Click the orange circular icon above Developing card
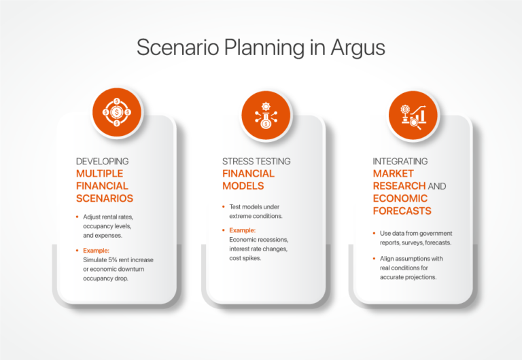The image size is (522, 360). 117,112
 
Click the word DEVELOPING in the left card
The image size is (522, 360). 102,162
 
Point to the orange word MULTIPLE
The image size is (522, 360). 101,173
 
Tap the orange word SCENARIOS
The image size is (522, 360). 105,198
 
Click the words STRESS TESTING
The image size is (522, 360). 256,162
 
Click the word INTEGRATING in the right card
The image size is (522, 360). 400,162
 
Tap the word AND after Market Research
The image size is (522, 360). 438,186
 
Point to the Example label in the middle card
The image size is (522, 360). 243,230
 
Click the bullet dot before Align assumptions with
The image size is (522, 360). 374,259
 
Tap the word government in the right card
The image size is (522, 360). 432,234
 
